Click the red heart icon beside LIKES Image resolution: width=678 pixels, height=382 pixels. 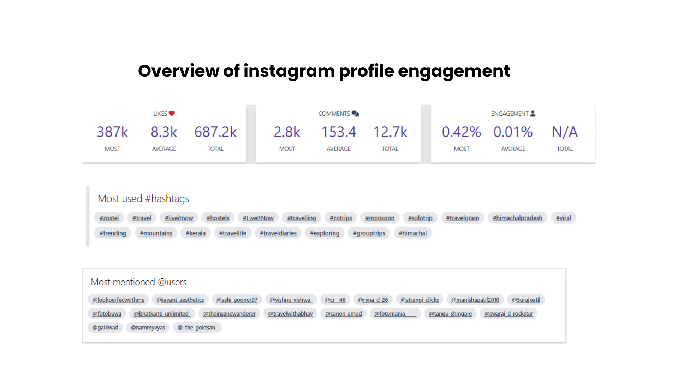172,114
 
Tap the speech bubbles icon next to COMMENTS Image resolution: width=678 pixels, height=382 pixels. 355,114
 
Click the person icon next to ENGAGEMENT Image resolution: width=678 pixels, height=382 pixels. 533,114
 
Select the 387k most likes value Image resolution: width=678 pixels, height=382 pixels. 112,132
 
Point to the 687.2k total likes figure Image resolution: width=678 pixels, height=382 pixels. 215,132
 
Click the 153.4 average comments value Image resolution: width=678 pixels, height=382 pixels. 338,132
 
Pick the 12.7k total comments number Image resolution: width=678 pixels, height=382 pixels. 390,132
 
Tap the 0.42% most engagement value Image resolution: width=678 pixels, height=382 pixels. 461,132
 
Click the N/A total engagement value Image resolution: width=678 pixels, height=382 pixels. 565,132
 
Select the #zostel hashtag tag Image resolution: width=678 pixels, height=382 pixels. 109,218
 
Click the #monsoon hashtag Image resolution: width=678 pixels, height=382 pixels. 380,218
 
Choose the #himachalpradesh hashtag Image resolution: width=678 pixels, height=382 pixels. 517,218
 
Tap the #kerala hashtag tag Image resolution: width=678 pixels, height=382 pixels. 196,233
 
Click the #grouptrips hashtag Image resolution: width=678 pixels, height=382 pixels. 369,233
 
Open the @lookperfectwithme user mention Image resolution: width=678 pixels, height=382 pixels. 118,300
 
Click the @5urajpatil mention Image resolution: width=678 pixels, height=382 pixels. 526,300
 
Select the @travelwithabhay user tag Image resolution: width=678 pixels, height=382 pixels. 290,313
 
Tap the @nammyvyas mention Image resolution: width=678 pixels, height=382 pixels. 148,328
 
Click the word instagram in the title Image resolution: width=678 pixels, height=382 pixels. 289,71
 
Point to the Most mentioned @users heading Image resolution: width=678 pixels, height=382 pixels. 138,282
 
